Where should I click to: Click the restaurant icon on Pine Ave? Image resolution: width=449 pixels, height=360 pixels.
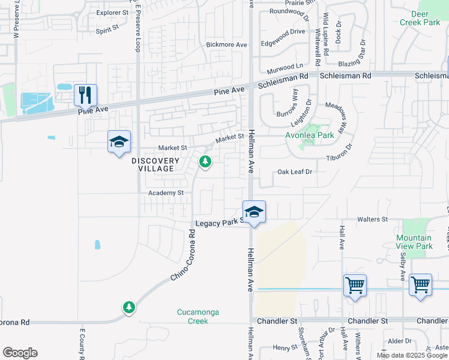85,94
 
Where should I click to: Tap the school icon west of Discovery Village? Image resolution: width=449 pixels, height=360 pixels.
119,142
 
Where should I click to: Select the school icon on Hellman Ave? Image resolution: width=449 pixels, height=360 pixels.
254,212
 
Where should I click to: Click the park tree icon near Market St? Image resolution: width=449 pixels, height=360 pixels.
205,162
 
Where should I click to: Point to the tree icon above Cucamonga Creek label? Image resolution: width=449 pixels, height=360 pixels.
128,307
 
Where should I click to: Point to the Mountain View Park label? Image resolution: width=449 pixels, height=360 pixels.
414,242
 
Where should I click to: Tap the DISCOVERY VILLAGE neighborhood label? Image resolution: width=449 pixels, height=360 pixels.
155,164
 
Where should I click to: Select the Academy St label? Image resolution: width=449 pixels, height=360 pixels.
166,193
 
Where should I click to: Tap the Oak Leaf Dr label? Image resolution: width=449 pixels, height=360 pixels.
295,172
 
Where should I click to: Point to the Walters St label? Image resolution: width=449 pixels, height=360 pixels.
373,220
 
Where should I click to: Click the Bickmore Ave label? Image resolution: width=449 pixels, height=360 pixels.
226,45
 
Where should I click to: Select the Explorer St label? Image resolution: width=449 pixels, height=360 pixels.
113,12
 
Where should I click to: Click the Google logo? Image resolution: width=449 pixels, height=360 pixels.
20,353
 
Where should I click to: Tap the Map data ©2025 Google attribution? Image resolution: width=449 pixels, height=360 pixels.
412,355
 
